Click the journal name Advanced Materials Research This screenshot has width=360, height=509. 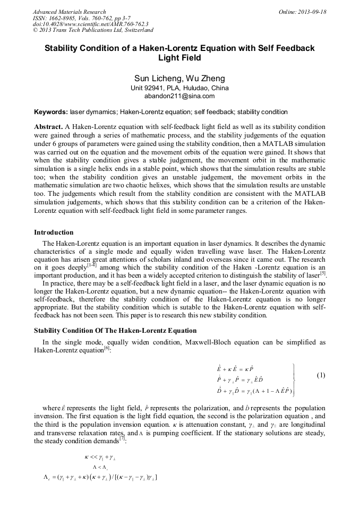pyautogui.click(x=69, y=12)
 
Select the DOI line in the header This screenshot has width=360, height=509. pyautogui.click(x=90, y=24)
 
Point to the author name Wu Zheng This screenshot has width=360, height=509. pyautogui.click(x=204, y=79)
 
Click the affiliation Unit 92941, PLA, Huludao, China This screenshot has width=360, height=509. pyautogui.click(x=179, y=88)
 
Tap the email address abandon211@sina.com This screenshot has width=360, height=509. pyautogui.click(x=179, y=96)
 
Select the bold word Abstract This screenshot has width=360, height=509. pyautogui.click(x=48, y=127)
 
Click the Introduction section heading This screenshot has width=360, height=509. pyautogui.click(x=54, y=232)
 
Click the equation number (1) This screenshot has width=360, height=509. pyautogui.click(x=321, y=375)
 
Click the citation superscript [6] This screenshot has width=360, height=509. pyautogui.click(x=107, y=348)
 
